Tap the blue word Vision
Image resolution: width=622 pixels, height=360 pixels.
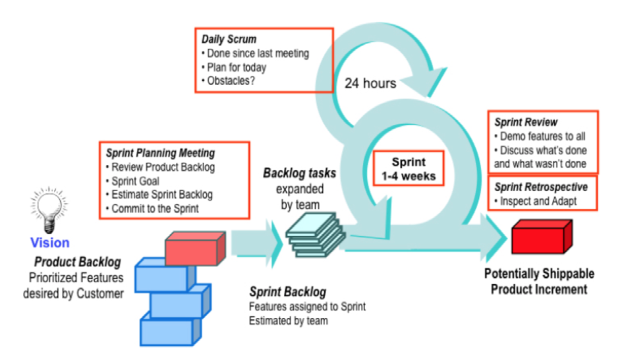click(x=49, y=243)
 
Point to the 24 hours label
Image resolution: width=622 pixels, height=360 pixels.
click(x=370, y=83)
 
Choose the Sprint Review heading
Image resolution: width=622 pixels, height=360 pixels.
click(x=526, y=123)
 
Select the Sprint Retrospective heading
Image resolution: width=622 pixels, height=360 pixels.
click(x=541, y=187)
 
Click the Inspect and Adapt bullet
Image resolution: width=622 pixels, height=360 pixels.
click(x=538, y=201)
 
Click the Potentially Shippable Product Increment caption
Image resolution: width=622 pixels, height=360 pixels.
click(x=539, y=281)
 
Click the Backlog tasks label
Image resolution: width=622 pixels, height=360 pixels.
click(x=300, y=174)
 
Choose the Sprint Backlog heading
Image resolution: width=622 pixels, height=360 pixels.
click(x=287, y=291)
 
